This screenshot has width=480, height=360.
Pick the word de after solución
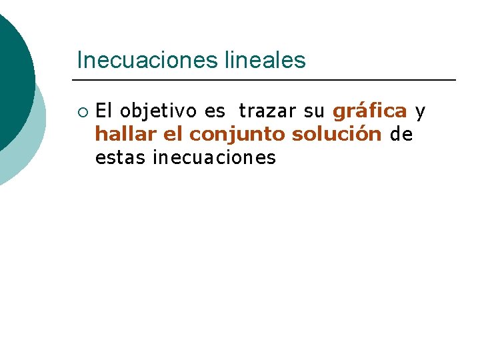point(401,135)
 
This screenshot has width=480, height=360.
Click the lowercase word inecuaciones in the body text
point(214,158)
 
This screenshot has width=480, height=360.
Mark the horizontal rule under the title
point(267,80)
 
